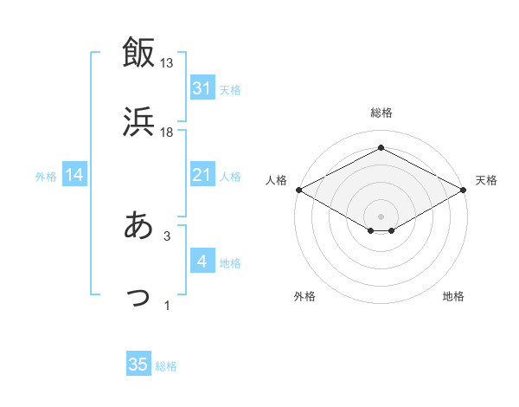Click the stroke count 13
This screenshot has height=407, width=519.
tap(167, 63)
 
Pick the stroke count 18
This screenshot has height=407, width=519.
tap(167, 132)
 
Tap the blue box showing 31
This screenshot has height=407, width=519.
tap(202, 88)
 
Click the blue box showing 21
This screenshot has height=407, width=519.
tap(202, 175)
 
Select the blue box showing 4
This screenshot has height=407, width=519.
tap(202, 262)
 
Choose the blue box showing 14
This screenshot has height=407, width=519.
tap(74, 175)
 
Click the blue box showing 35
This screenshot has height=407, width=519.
tap(138, 365)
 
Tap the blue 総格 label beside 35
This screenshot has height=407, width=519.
tap(166, 366)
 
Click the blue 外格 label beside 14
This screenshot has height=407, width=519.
tap(46, 176)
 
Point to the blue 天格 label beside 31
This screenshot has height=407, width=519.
tap(230, 89)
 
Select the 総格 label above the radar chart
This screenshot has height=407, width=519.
tap(381, 113)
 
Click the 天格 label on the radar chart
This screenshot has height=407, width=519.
tap(486, 180)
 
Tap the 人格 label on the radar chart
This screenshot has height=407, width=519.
tap(276, 180)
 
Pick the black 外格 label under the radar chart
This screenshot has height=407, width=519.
tap(304, 296)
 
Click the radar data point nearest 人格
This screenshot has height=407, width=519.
tap(298, 189)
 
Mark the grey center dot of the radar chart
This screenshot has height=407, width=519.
tap(381, 216)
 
